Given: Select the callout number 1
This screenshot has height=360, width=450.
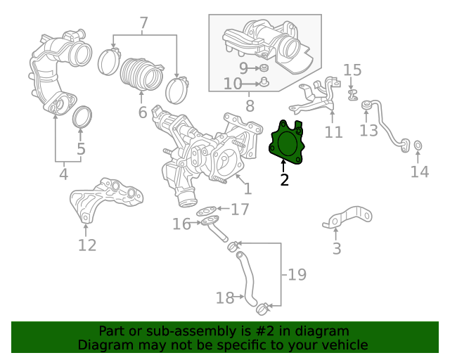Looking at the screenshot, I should point(247,188).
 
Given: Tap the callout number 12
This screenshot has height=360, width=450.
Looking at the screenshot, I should point(86,245).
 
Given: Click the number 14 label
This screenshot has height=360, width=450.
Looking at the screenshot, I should point(419,172).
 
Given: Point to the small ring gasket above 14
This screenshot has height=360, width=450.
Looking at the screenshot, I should point(417,146).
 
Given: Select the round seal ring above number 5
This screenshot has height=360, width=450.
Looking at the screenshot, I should point(84,118).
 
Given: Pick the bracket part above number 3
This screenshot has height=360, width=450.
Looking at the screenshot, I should point(348,217).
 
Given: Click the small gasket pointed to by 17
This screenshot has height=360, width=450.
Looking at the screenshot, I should point(207,210).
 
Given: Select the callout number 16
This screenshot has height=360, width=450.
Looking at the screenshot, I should point(182,224).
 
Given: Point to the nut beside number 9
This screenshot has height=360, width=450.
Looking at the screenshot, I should point(264,68).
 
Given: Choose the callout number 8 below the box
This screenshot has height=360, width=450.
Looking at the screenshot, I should point(249,107).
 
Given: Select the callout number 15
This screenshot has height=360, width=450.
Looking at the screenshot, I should point(352,70).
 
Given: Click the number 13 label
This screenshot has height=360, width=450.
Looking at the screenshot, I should point(368,130).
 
